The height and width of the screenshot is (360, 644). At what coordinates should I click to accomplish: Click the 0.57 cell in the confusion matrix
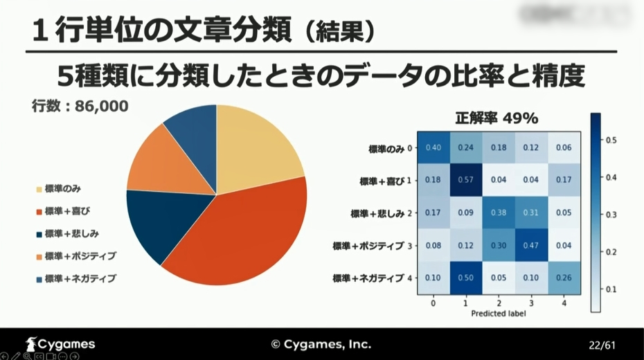tap(466, 180)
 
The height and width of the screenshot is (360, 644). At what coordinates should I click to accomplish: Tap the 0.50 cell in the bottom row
tap(466, 278)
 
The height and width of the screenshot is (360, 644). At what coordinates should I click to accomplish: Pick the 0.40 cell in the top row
tap(433, 147)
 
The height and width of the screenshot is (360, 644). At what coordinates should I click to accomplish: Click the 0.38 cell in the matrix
tap(499, 213)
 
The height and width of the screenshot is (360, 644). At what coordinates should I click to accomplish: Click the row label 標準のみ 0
tap(391, 148)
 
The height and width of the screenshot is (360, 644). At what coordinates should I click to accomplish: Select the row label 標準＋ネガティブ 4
tap(373, 278)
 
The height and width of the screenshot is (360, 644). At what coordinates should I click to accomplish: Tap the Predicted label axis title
tap(499, 314)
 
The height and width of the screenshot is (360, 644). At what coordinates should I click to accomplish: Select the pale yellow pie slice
tap(256, 145)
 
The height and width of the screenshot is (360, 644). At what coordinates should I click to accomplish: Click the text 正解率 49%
tap(497, 118)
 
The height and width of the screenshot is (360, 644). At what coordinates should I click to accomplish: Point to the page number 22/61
tap(601, 344)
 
